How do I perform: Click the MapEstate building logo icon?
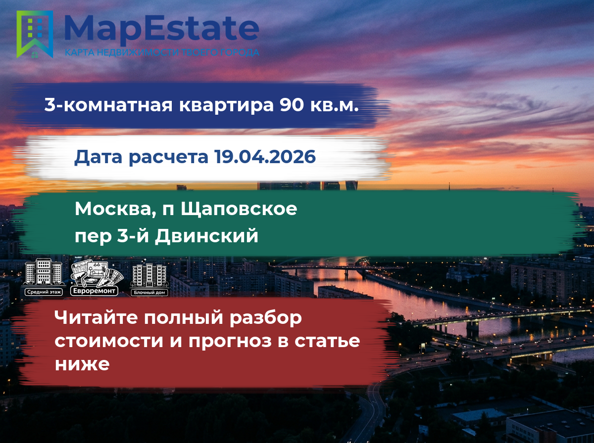35,34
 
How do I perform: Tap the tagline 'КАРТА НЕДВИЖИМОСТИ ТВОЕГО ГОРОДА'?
162,52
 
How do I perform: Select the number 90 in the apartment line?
292,105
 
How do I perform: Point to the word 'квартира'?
226,106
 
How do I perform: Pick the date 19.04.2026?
265,157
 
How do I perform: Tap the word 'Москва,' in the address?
115,210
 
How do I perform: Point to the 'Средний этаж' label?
44,292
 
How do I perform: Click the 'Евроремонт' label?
94,291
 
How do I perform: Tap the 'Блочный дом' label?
149,293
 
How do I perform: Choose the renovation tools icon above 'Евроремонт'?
97,273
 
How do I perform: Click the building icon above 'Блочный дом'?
149,274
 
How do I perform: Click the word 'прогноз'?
230,342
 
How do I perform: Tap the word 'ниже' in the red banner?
82,364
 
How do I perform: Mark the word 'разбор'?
266,318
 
